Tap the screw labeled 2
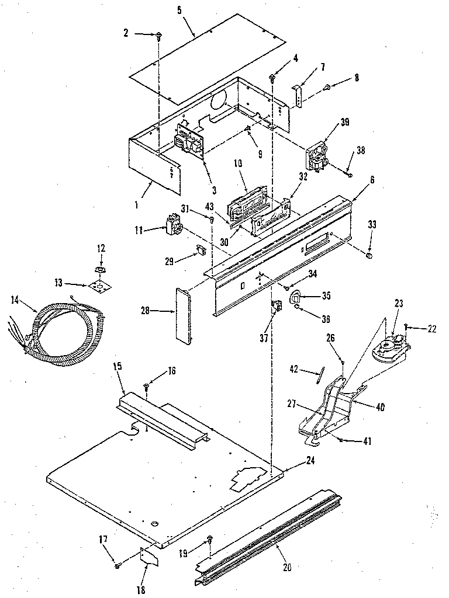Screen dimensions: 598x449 click(x=158, y=36)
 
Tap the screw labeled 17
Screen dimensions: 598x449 click(x=118, y=565)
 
